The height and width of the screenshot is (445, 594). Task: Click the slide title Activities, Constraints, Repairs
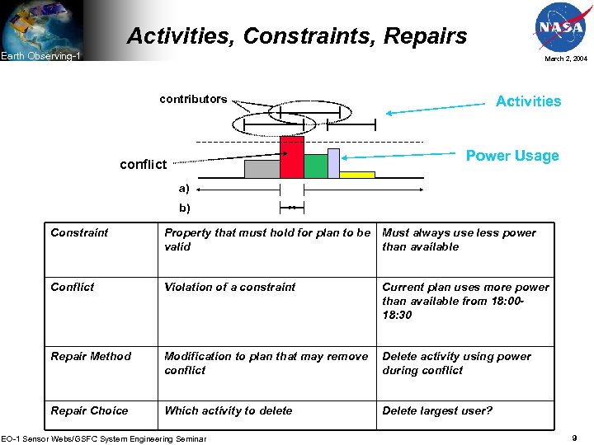297,36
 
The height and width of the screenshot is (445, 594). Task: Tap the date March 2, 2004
565,59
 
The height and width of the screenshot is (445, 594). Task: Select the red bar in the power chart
291,157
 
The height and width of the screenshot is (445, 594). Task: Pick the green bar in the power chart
315,166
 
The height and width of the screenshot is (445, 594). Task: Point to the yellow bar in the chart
357,175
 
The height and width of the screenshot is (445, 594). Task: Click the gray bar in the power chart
262,169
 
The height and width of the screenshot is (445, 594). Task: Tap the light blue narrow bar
333,163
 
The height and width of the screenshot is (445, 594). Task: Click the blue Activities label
528,101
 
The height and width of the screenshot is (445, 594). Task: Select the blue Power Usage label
512,156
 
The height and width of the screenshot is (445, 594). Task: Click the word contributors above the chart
193,99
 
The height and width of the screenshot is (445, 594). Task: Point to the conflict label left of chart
143,165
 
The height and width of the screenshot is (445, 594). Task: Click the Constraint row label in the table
79,233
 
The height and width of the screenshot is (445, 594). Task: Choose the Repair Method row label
91,357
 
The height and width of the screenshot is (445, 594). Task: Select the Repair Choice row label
89,410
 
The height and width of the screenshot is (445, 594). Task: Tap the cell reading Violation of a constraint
229,288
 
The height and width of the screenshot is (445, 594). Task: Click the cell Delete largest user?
437,410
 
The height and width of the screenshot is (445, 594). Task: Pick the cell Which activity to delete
228,410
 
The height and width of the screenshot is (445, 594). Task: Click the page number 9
574,438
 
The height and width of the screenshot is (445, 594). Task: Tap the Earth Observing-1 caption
40,56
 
